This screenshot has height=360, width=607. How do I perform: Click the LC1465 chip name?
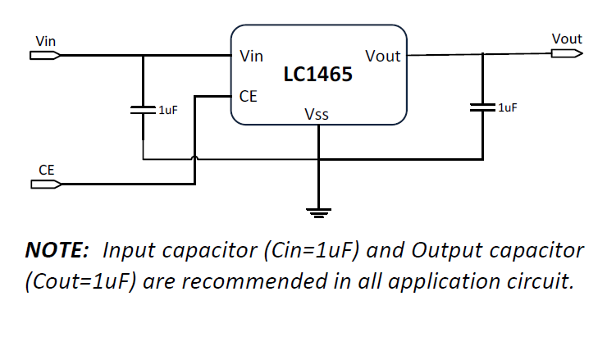coord(317,75)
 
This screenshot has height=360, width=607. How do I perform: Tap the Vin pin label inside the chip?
coord(251,57)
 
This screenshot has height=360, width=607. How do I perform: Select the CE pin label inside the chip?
coord(248,96)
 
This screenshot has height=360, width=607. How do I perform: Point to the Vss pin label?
coord(317,115)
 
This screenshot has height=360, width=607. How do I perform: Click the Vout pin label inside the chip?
coord(382,57)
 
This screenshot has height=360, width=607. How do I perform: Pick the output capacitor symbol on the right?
coord(483,107)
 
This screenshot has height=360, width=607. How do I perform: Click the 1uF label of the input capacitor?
coord(167,110)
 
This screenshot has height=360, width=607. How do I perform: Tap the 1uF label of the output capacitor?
coord(507,107)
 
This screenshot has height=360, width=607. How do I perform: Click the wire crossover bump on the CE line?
coord(194,158)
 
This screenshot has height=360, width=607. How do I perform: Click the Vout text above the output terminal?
coord(567,39)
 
